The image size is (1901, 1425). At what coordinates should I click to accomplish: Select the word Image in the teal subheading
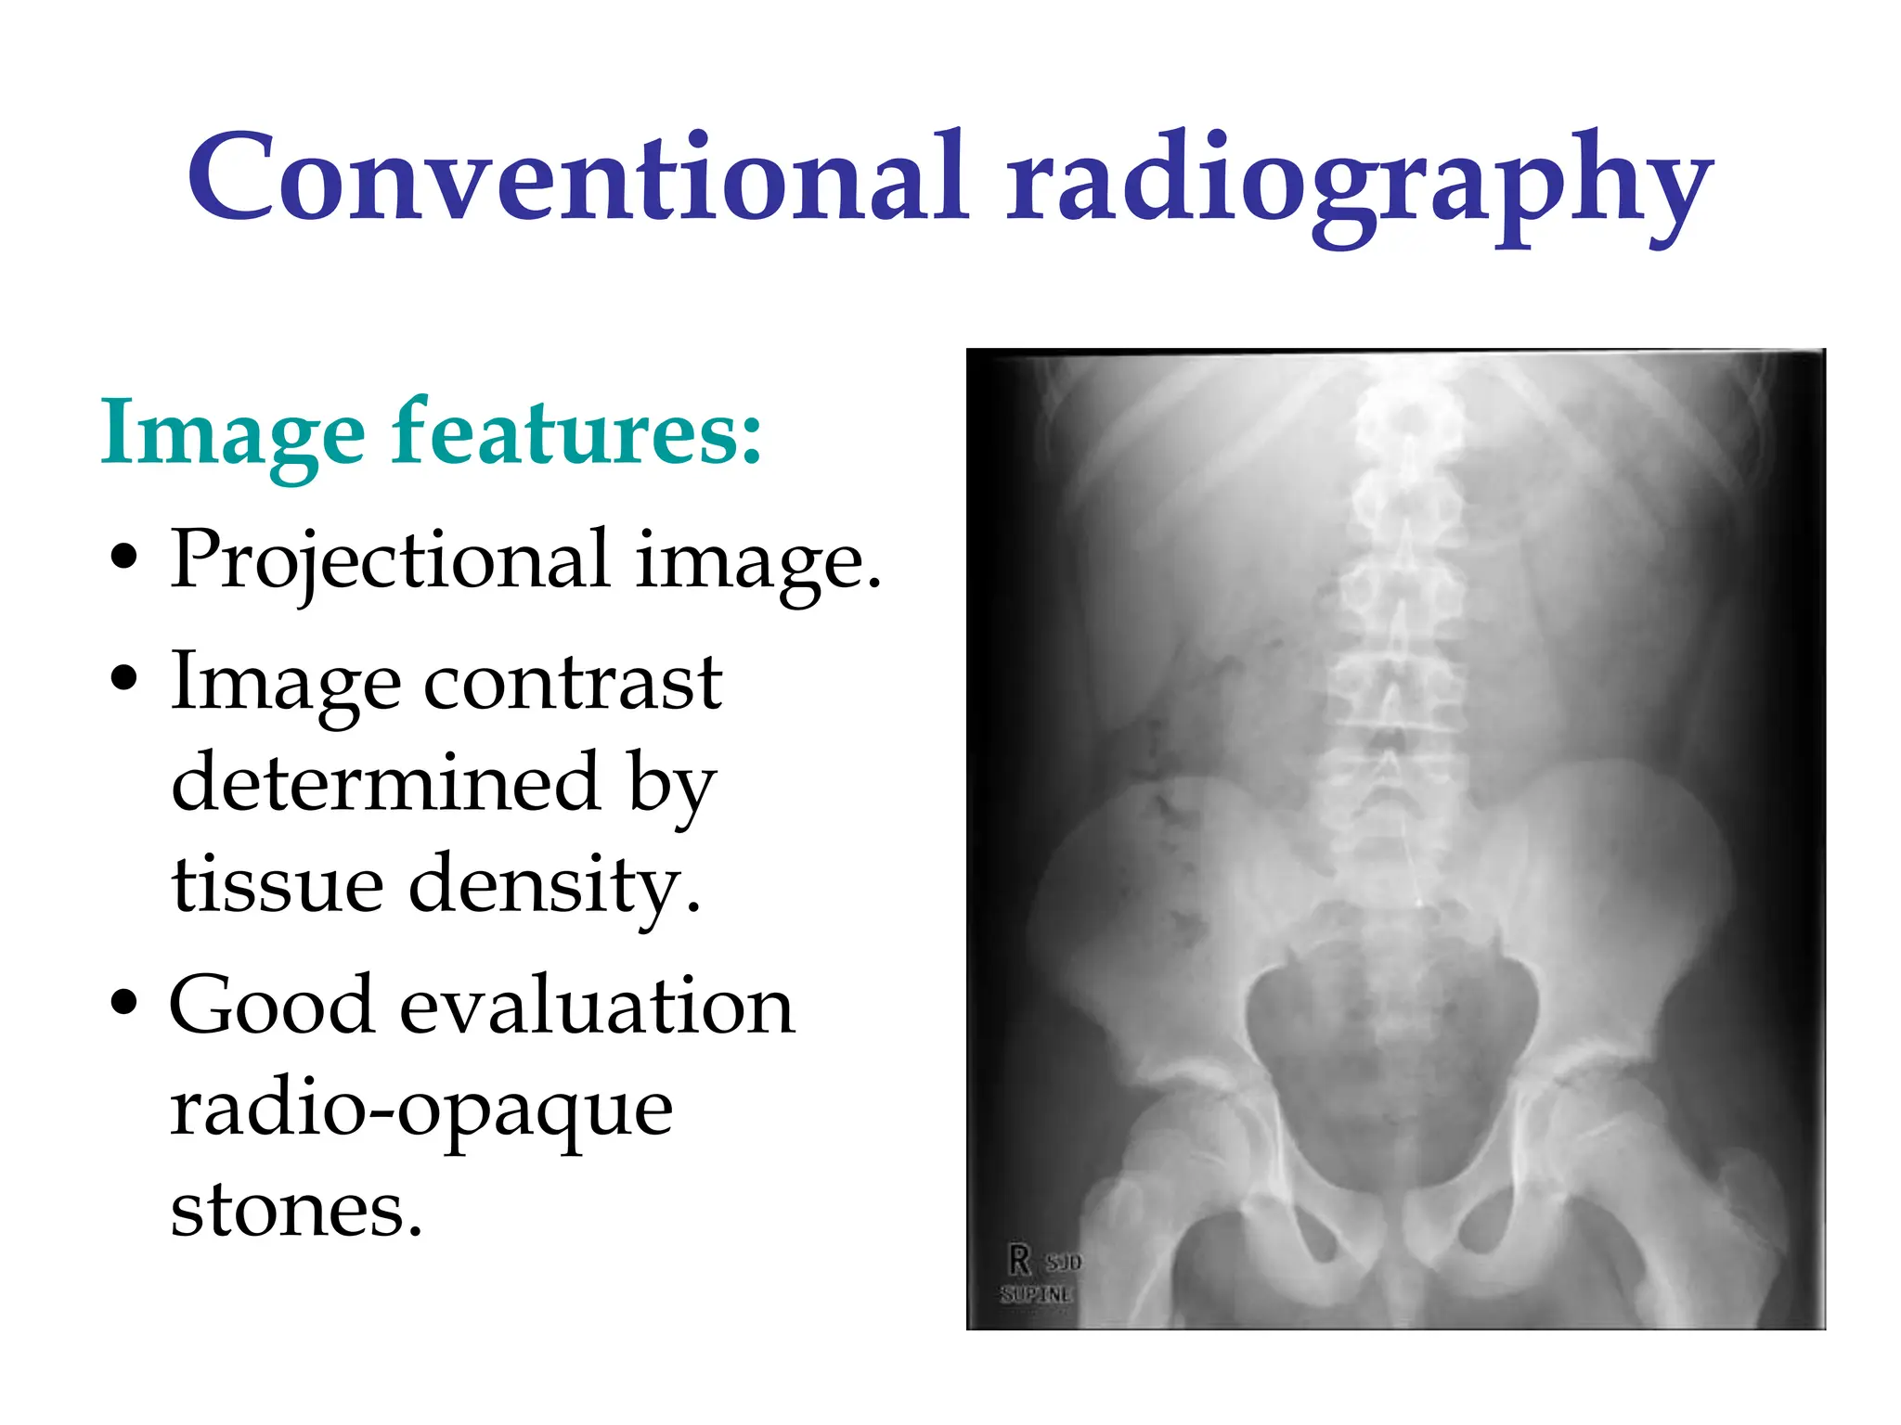(233, 432)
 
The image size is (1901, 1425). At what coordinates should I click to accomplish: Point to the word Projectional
(390, 560)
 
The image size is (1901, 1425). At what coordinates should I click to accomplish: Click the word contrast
(573, 683)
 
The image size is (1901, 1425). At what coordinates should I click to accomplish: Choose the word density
(554, 887)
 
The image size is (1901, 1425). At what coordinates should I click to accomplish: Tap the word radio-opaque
(421, 1110)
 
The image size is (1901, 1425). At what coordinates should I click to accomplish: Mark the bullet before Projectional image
(123, 558)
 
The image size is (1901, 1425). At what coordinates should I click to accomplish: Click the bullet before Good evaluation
(123, 1003)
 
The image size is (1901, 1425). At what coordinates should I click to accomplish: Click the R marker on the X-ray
(1020, 1260)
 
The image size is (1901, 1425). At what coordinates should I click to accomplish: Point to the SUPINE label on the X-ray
(1037, 1294)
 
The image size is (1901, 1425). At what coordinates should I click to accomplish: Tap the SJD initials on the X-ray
(1064, 1263)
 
